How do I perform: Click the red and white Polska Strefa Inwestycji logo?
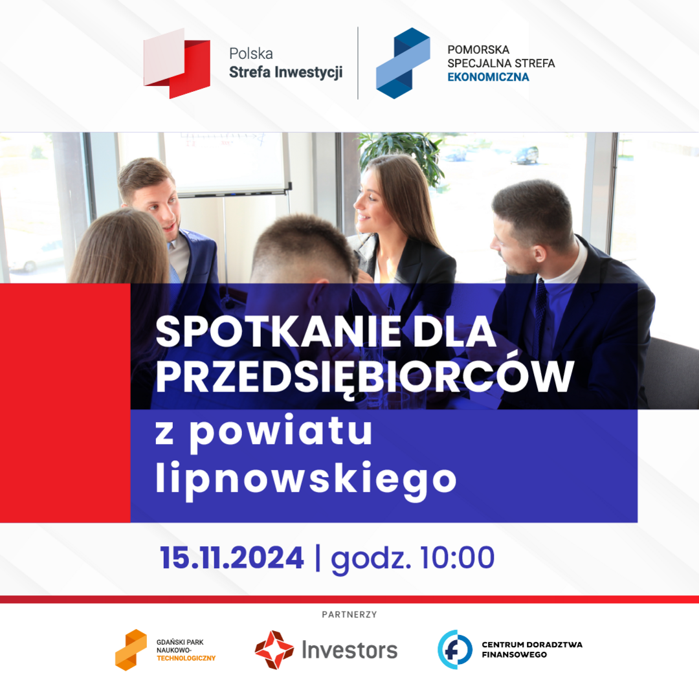(x=177, y=63)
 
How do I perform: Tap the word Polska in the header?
(x=251, y=54)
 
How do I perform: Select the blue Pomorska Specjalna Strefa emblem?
(x=403, y=63)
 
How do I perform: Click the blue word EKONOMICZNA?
(x=488, y=77)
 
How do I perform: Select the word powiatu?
(x=281, y=432)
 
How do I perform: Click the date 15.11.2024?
(x=232, y=558)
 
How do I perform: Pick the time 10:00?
(x=457, y=558)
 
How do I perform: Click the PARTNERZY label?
(x=349, y=615)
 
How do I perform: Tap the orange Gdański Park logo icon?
(x=131, y=650)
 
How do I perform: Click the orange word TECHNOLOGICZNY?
(x=186, y=658)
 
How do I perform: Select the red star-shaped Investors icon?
(x=274, y=650)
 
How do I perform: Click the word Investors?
(x=349, y=650)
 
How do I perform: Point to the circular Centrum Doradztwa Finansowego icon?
(x=455, y=650)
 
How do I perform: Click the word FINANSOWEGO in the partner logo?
(x=514, y=655)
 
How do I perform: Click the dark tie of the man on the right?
(x=540, y=307)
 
